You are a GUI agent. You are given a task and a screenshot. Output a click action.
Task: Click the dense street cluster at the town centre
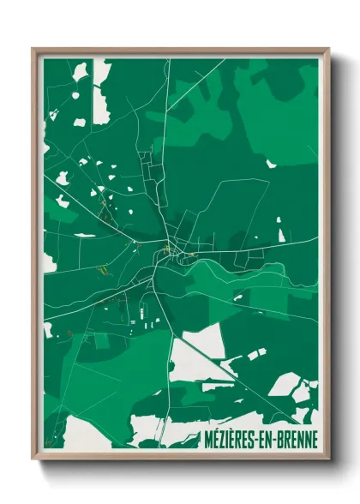pos(170,250)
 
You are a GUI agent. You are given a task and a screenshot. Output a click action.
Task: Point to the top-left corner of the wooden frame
pos(33,50)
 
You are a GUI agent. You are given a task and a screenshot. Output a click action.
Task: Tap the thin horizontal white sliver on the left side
pos(85,235)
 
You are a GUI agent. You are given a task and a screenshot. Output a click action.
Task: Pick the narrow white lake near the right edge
pos(279,230)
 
